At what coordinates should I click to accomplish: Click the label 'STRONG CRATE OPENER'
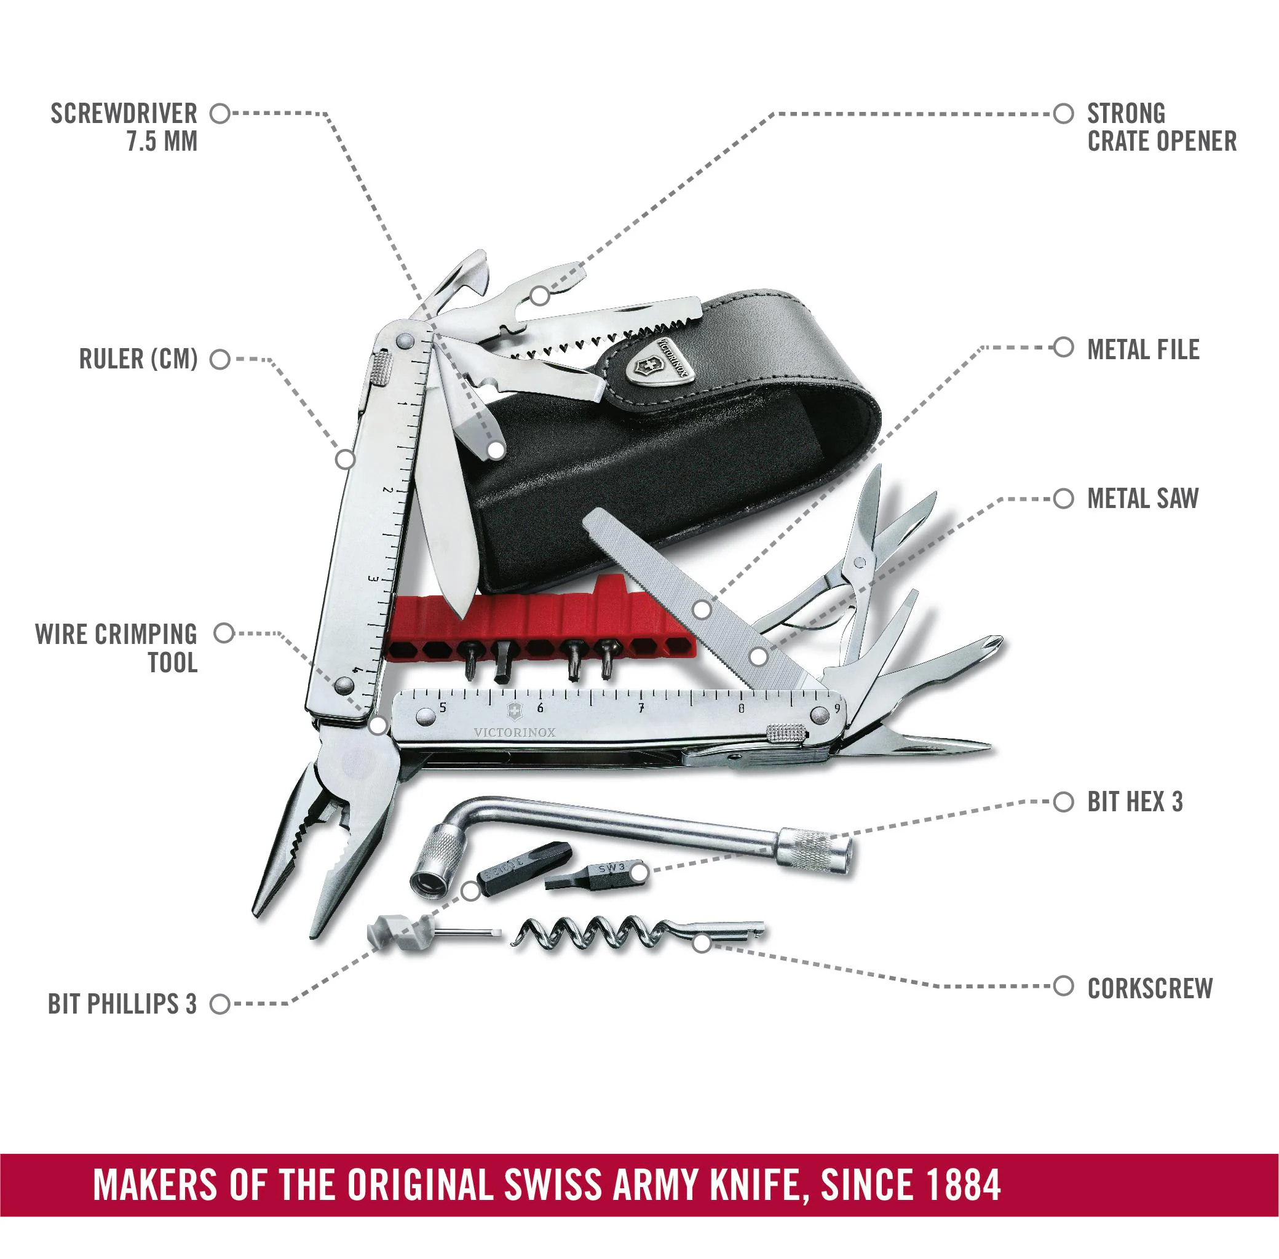point(1162,127)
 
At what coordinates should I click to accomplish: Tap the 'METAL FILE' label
point(1143,349)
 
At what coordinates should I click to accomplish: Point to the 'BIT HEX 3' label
point(1134,801)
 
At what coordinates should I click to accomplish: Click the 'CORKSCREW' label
point(1149,988)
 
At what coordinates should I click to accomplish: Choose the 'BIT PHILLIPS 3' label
point(122,1004)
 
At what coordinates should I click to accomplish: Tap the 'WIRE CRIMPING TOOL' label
point(116,648)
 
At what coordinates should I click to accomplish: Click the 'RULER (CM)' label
point(138,359)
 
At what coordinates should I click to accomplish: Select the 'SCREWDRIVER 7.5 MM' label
point(124,127)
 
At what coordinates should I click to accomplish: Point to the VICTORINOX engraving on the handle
point(514,733)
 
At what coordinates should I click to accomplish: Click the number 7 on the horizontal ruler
point(641,708)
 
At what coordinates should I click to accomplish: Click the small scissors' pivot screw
point(859,563)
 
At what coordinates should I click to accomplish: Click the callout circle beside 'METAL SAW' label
point(1063,499)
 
